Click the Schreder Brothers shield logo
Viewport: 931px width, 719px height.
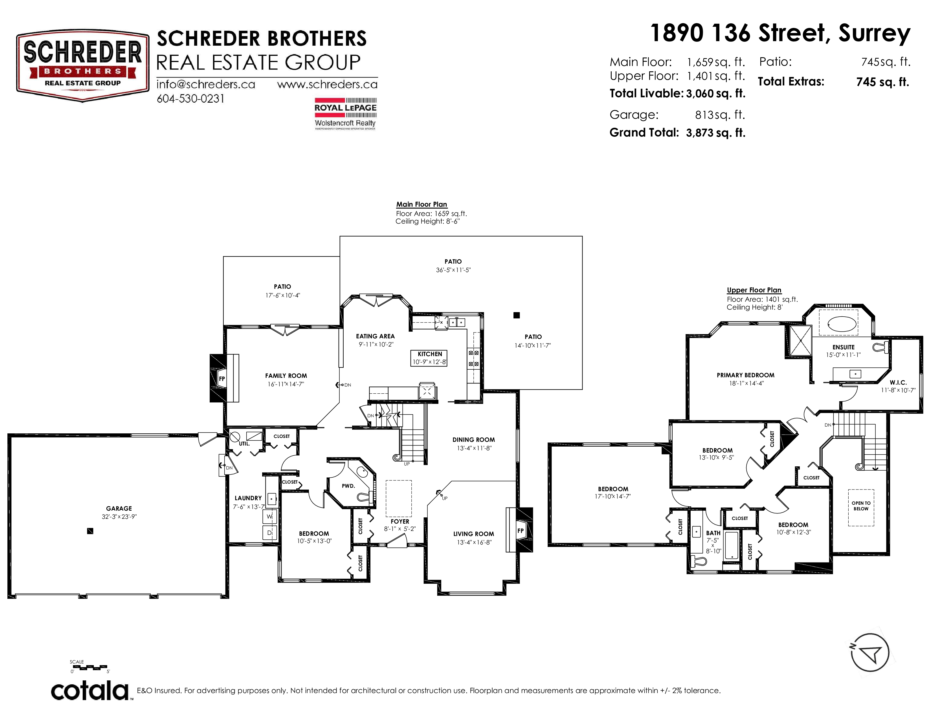(x=83, y=66)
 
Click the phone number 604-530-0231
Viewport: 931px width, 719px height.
(x=190, y=99)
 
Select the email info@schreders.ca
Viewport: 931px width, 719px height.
(x=206, y=84)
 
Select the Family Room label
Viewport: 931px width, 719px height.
(x=286, y=376)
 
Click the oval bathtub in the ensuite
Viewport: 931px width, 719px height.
(x=842, y=324)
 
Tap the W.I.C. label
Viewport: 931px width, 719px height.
(x=898, y=383)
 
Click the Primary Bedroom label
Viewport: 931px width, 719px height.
(x=746, y=375)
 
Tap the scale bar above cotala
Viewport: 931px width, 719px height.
(x=89, y=667)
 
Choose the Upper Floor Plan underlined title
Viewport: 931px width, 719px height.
(x=754, y=290)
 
